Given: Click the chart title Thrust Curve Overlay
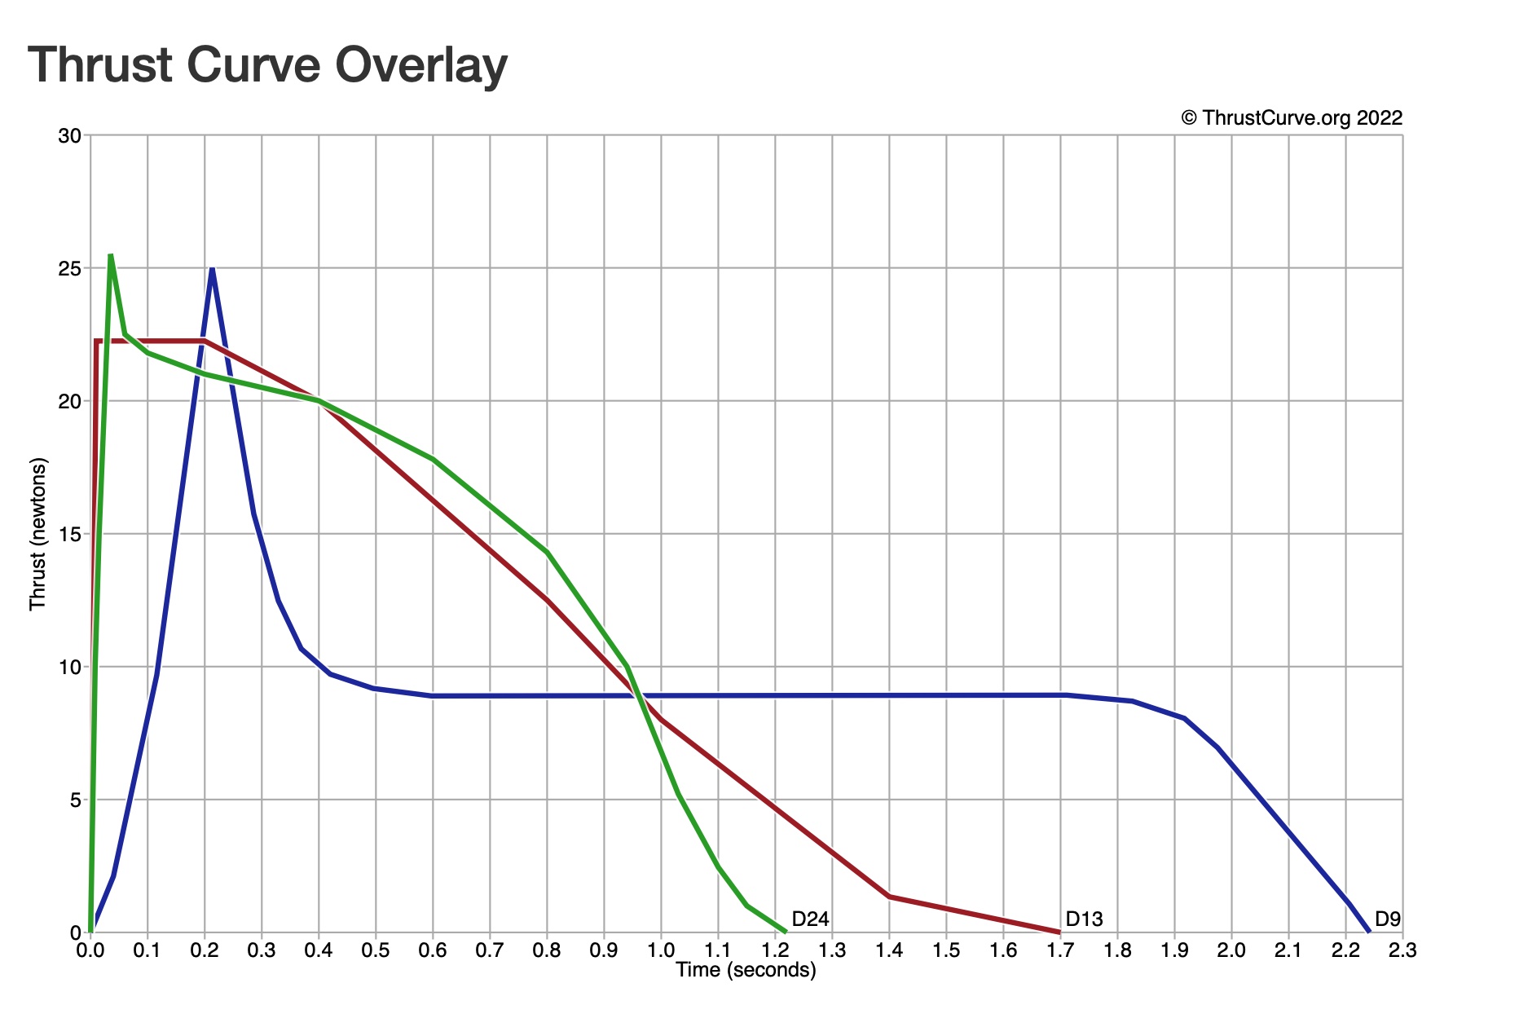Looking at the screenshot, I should pos(267,65).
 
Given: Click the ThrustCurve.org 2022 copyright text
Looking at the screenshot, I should pos(1292,118).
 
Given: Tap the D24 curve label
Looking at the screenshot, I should pos(810,919).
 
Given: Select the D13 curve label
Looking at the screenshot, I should pos(1084,919).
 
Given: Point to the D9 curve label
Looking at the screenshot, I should pos(1387,919).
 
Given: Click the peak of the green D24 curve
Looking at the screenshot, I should pos(110,255).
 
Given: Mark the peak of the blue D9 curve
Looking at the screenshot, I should pos(212,268).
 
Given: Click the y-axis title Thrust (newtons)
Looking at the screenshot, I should pos(38,534).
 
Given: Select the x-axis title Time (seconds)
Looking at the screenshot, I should pos(746,970).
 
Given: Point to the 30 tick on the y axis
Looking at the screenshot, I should pos(70,135).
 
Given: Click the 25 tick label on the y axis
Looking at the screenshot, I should pos(70,268).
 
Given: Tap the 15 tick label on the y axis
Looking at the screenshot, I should pos(70,534).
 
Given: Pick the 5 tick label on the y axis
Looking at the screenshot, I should pos(75,800).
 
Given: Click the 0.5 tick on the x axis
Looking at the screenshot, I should pos(376,950).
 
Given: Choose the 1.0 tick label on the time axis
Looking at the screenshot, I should pos(661,950).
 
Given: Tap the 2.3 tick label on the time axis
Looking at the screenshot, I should pos(1402,950).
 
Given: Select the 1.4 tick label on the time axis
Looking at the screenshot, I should pos(889,950).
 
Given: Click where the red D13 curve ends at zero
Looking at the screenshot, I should pos(1059,932).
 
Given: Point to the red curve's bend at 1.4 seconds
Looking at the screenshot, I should pos(889,897).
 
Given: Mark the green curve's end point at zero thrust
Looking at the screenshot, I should pos(785,932).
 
